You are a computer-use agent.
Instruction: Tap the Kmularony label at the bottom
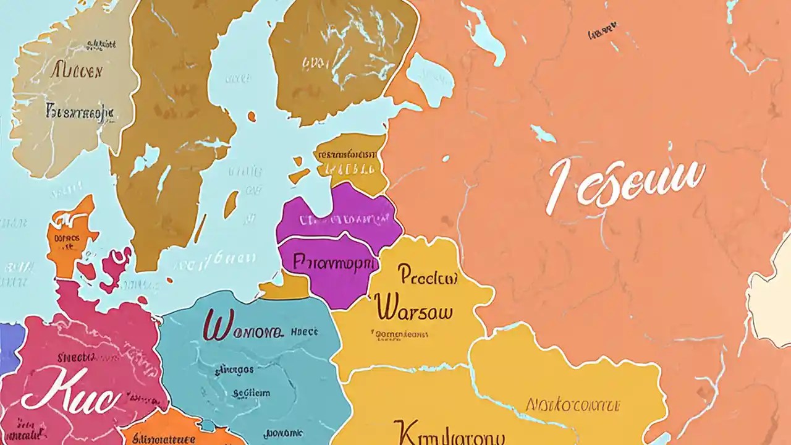click(448, 433)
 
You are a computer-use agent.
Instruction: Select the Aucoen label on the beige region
click(75, 72)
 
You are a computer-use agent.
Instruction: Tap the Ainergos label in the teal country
click(234, 370)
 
